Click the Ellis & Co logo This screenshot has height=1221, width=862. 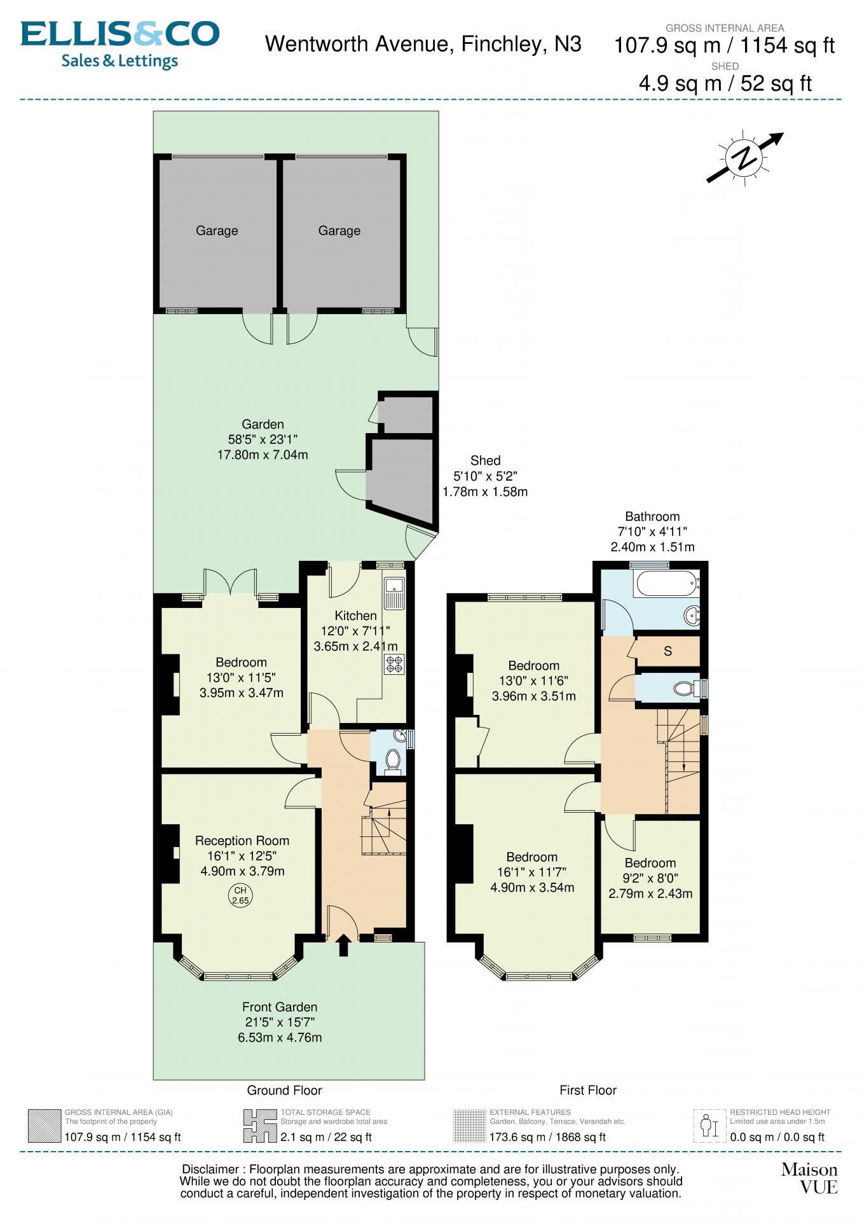(120, 45)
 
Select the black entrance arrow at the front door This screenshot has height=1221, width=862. (343, 945)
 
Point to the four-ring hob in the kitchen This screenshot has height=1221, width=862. (394, 665)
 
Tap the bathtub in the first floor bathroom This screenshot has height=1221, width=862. (667, 583)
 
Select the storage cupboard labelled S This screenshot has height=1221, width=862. (668, 651)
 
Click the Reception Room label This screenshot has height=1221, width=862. (242, 841)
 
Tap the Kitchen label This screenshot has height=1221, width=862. (356, 616)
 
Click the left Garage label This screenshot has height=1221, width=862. (217, 231)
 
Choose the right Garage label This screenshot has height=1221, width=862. (339, 231)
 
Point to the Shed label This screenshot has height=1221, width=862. (486, 460)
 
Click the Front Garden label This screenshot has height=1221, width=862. (280, 1007)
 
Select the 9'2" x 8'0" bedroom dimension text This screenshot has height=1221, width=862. (650, 878)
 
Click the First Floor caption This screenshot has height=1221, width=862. (588, 1090)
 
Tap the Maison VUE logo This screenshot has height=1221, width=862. (809, 1178)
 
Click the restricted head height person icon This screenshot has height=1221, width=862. (709, 1126)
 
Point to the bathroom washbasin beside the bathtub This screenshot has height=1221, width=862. (692, 615)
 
